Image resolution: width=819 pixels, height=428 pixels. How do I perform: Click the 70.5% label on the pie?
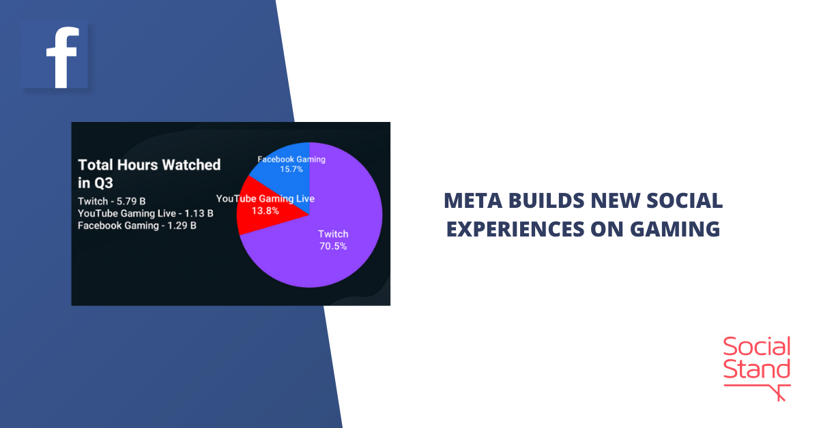(x=332, y=246)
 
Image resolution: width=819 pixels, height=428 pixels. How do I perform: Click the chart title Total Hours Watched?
(x=149, y=164)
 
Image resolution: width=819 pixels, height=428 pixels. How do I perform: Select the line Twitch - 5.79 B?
(x=112, y=201)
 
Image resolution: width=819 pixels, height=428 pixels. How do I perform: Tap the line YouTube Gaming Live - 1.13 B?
(x=145, y=213)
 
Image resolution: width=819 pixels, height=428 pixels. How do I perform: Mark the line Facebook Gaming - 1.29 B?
(x=137, y=226)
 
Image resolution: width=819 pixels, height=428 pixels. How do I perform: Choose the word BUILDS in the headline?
(x=541, y=201)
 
